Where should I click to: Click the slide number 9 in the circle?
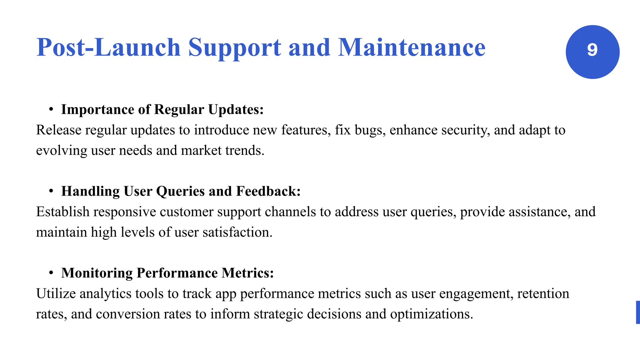[592, 50]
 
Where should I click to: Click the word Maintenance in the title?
[412, 47]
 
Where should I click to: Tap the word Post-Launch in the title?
[108, 47]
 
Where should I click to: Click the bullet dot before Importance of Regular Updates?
[51, 109]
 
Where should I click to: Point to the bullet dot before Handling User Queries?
[51, 191]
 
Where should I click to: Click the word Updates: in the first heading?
[236, 110]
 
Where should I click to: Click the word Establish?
[63, 212]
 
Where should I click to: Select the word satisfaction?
[237, 232]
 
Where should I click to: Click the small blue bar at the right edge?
[638, 312]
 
